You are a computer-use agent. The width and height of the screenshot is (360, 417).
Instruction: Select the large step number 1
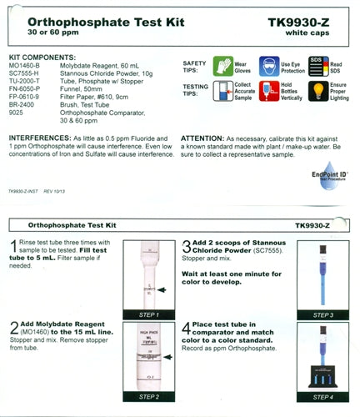pos(13,248)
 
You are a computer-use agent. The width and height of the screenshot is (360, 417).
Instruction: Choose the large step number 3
pos(187,248)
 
